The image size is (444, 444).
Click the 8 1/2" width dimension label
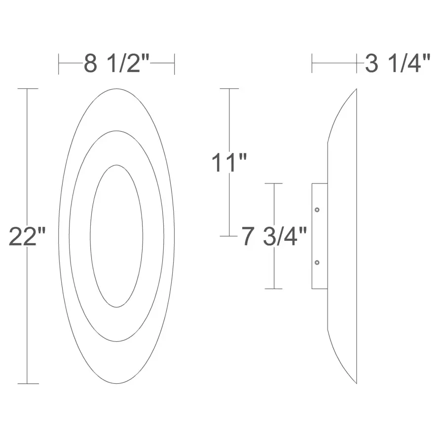(116, 64)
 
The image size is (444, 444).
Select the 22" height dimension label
(28, 237)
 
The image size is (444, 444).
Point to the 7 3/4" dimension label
(274, 237)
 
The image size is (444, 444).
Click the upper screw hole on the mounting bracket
(317, 210)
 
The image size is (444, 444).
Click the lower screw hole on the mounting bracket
(317, 262)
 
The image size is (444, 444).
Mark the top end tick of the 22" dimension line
(28, 89)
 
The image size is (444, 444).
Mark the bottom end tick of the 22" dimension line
(28, 383)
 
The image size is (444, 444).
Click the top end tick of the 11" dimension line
(229, 89)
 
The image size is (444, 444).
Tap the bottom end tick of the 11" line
(229, 236)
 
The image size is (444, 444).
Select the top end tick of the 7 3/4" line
(274, 184)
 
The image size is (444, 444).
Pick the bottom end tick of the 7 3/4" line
(274, 289)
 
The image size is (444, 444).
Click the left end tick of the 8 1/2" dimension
(59, 64)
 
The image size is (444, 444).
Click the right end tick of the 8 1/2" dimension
(175, 64)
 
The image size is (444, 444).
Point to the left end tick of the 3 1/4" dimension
(312, 64)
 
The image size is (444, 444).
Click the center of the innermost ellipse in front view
(116, 236)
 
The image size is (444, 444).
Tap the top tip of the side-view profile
(356, 89)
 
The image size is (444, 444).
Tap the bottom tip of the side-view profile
(356, 383)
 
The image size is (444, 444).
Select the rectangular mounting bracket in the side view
(320, 236)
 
